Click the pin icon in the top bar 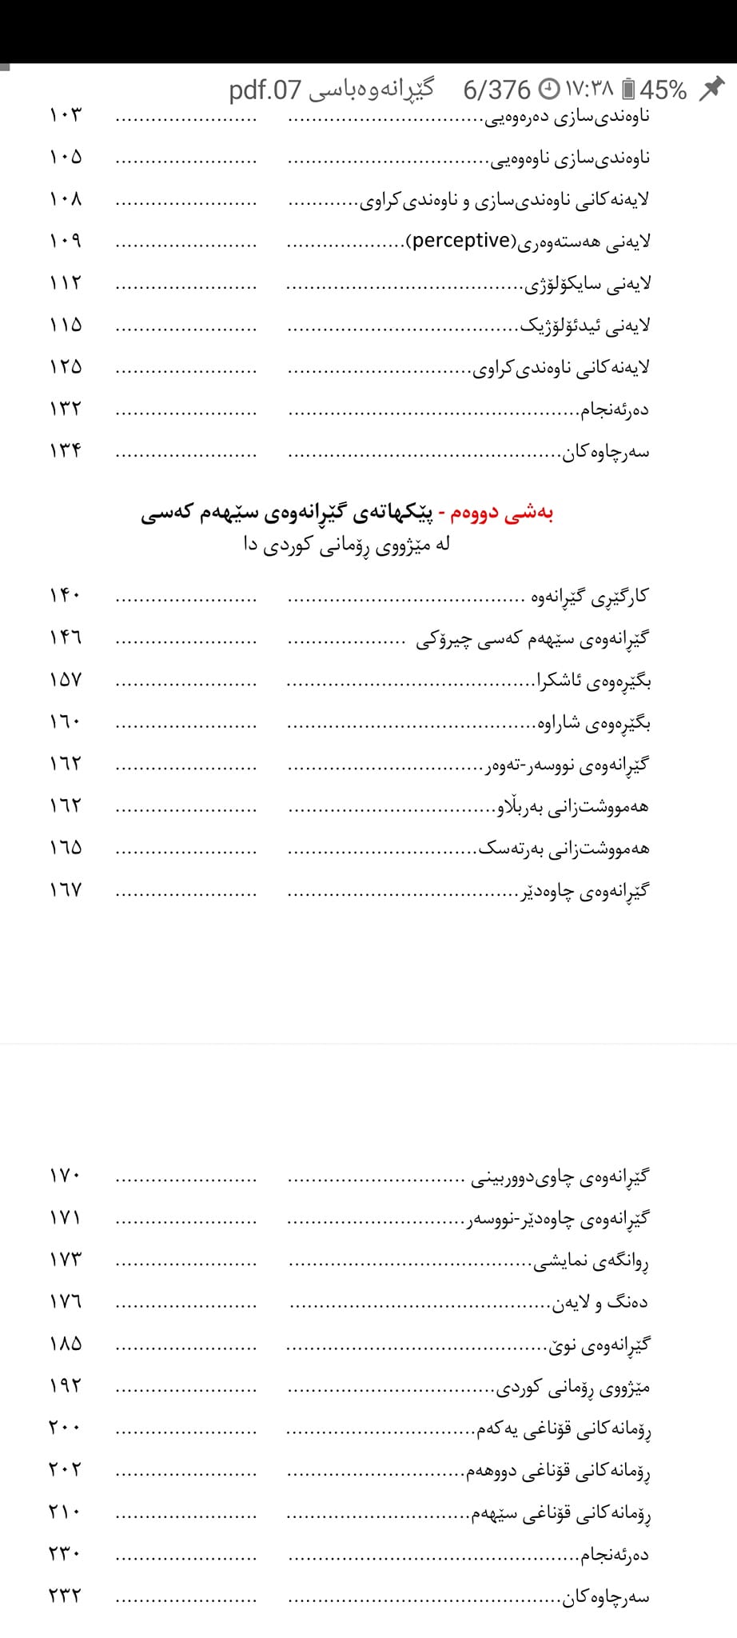tap(712, 88)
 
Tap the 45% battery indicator tap(655, 90)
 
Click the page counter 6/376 tap(496, 90)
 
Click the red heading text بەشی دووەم tap(502, 513)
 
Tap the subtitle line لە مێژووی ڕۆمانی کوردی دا tap(347, 545)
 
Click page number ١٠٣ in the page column tap(65, 114)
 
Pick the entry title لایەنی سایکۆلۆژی tap(588, 283)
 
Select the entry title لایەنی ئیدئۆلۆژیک tap(586, 326)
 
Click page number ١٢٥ tap(65, 367)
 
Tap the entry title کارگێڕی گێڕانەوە tap(590, 597)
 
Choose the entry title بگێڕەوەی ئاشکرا tap(594, 681)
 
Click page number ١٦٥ tap(65, 848)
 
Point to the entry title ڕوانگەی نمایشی tap(591, 1262)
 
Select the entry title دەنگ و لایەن tap(600, 1304)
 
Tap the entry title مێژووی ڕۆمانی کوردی tap(573, 1388)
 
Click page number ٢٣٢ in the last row tap(65, 1596)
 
